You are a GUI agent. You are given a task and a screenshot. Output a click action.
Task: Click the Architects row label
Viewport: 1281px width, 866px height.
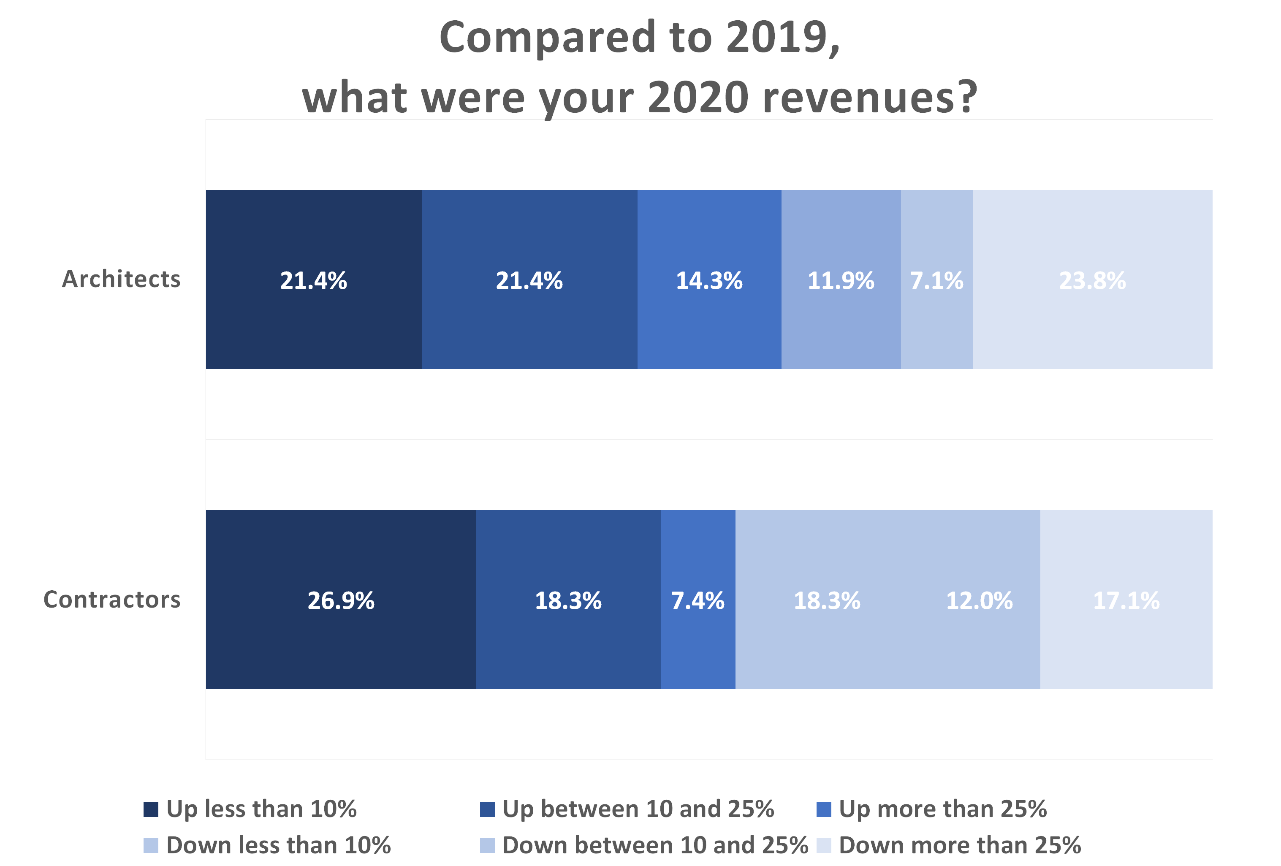pyautogui.click(x=121, y=280)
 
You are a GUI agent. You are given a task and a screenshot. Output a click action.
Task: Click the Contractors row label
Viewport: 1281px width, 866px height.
pyautogui.click(x=112, y=600)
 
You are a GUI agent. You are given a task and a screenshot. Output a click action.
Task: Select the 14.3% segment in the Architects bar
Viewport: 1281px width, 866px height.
pyautogui.click(x=709, y=280)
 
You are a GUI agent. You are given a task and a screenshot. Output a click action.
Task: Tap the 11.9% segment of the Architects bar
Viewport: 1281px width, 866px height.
pyautogui.click(x=841, y=280)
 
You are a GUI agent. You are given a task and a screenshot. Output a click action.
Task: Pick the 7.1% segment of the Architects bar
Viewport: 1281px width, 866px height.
pyautogui.click(x=936, y=280)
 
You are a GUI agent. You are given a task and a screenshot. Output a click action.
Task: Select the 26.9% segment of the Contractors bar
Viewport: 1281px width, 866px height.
pyautogui.click(x=341, y=600)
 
